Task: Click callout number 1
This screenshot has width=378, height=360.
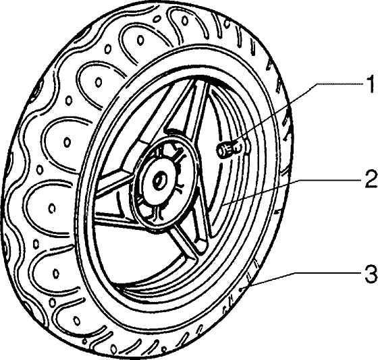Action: pos(369,84)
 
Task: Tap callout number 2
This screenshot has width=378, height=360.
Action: pos(371,179)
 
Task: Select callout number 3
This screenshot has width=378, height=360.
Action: pos(371,273)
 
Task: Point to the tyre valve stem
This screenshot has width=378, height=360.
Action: pos(230,149)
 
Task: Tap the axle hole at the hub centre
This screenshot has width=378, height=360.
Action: pos(159,181)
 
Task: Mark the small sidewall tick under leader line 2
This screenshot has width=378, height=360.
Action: pos(277,212)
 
